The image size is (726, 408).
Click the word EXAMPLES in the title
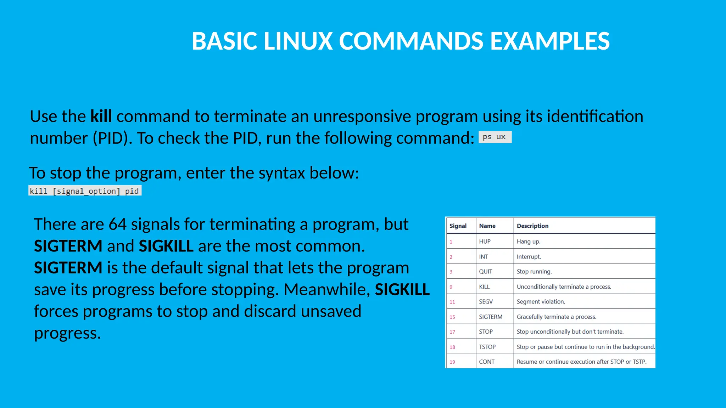pos(550,41)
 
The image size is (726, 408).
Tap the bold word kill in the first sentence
pos(101,117)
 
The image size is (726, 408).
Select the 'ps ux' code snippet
pos(495,137)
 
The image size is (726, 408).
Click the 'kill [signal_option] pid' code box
pos(85,191)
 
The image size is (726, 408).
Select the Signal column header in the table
pos(458,226)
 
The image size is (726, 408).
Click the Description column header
pos(532,226)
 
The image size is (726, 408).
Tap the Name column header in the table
pos(487,226)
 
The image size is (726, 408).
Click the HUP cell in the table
pos(485,242)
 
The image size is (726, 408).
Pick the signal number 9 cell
pos(451,287)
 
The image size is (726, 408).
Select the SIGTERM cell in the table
pos(491,317)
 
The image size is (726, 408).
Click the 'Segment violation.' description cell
pos(541,302)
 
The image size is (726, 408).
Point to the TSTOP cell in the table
pos(487,347)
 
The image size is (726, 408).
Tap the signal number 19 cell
pos(452,362)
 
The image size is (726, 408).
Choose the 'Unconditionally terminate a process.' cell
pos(564,287)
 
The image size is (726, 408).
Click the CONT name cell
pos(486,362)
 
